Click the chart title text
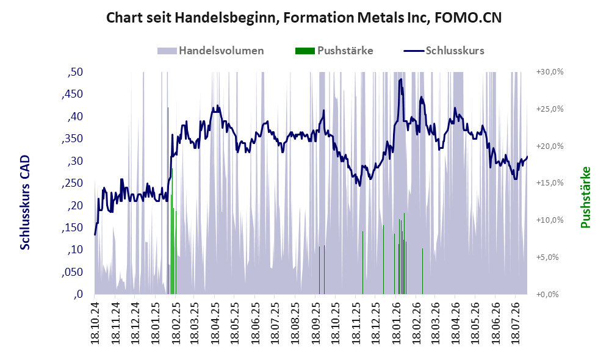click(304, 18)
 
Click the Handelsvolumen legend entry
click(211, 51)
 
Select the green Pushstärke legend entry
click(334, 51)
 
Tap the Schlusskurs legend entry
click(444, 51)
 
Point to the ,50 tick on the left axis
click(75, 72)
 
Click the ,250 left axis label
click(72, 183)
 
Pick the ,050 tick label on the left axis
click(72, 272)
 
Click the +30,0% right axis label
click(550, 72)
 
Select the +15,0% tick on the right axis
click(550, 183)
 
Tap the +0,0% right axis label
click(547, 294)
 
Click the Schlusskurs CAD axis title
click(25, 203)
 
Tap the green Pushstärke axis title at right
click(585, 197)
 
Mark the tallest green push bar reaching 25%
click(168, 201)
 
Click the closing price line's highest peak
click(401, 79)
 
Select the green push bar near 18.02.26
click(422, 271)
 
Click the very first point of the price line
click(95, 234)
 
